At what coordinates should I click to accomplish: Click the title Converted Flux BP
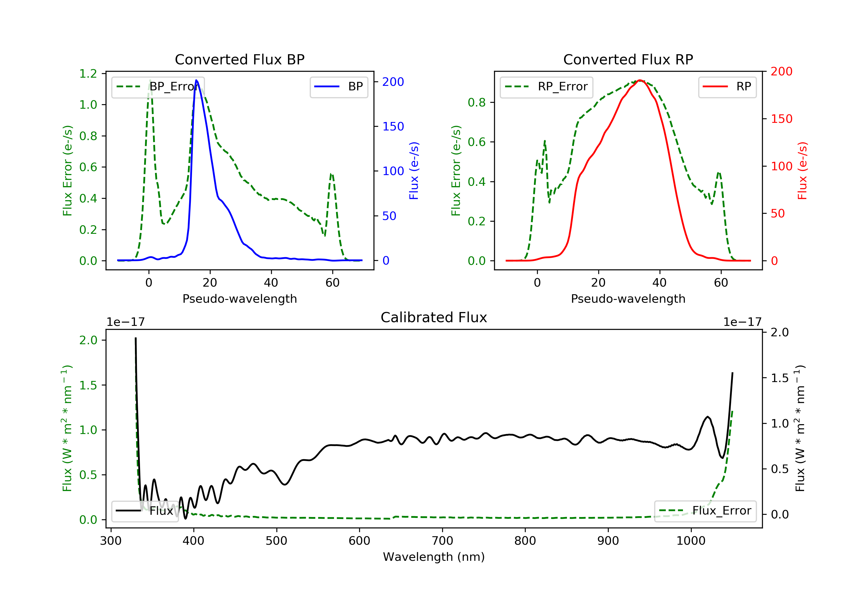239,59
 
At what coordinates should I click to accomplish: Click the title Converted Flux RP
628,59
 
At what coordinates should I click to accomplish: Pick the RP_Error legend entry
546,87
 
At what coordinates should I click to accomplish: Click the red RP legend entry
727,87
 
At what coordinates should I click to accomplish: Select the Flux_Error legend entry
705,511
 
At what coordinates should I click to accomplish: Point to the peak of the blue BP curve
196,80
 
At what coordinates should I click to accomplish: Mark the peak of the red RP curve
640,80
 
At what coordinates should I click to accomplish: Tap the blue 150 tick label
393,127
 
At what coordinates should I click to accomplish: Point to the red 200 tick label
781,72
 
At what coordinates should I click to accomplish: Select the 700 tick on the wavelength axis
442,541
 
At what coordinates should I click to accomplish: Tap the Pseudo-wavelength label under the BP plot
239,299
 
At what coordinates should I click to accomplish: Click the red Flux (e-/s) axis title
802,171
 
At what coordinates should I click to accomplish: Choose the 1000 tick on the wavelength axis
691,541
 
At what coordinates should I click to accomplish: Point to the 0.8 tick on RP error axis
477,103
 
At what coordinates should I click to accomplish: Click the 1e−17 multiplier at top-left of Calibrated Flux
125,322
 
